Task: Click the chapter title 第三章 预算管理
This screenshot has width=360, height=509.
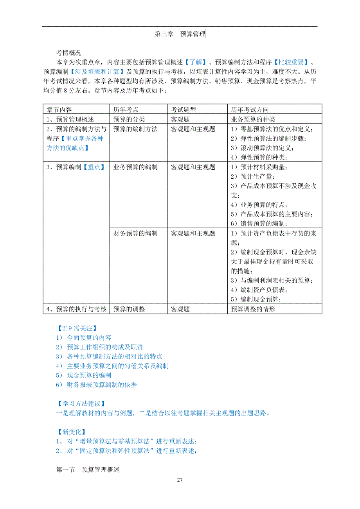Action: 180,34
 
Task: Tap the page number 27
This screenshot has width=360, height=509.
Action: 180,480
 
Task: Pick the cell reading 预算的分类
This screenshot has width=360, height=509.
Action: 129,119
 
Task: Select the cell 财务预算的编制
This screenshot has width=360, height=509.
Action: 135,233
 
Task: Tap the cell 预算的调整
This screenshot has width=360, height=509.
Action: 129,309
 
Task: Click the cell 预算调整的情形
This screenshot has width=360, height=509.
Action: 253,309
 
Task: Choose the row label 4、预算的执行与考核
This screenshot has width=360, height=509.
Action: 76,309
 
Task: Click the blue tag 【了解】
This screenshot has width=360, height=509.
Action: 194,62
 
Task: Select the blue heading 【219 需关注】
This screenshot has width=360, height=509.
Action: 76,328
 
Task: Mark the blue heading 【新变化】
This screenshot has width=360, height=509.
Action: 70,432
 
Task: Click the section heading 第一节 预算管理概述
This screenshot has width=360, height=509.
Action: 88,470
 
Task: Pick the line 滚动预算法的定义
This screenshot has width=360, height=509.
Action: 262,148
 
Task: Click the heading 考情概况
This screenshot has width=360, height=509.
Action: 69,53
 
